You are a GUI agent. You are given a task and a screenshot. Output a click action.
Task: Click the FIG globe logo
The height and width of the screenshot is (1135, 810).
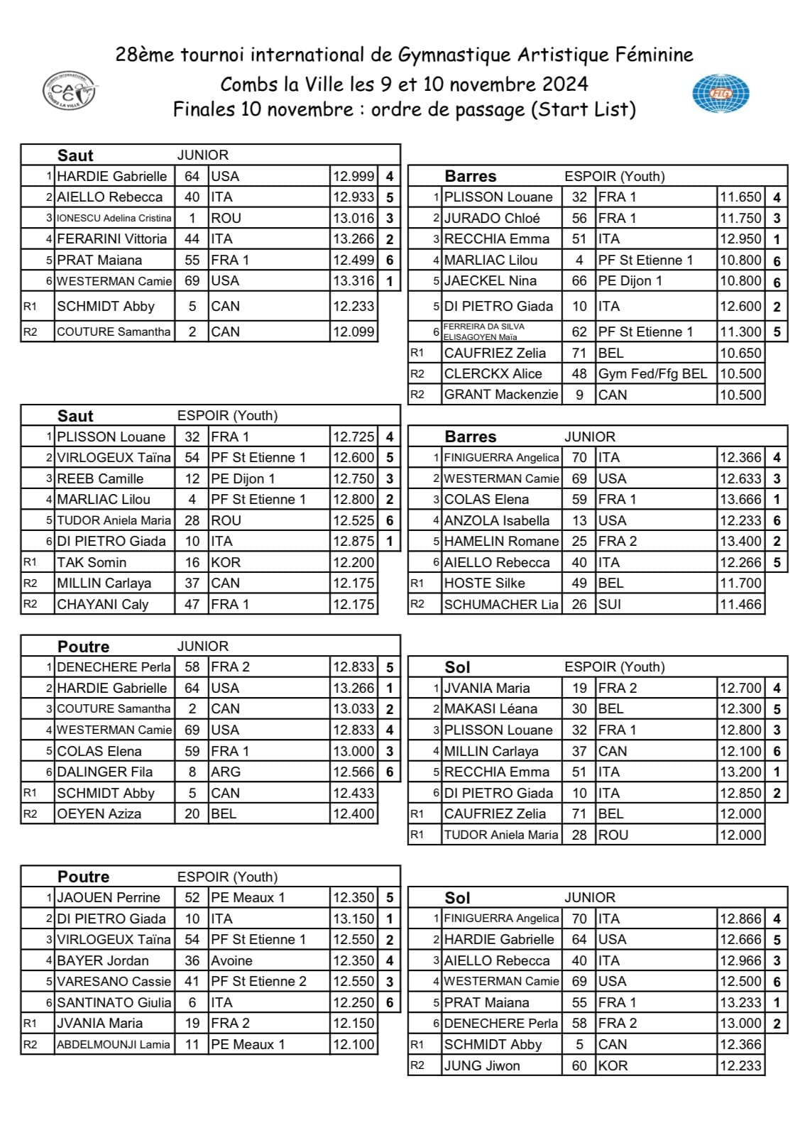721,94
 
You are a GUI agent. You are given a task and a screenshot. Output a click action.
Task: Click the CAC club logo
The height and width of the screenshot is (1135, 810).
70,90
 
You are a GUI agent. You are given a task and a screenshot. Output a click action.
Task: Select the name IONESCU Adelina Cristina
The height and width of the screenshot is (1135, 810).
114,218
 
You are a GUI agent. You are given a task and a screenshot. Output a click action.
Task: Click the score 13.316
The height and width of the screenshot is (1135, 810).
354,280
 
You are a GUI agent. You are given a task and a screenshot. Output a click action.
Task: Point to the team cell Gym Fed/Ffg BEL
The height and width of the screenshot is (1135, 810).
652,373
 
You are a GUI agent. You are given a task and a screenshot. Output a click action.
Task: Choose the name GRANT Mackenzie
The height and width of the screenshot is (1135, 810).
500,394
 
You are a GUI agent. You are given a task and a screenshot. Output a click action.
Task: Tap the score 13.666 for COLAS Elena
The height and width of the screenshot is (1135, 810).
740,499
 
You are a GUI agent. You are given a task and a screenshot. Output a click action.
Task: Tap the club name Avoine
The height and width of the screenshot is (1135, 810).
232,960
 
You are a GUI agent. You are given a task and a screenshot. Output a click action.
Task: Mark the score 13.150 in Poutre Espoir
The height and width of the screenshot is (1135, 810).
354,919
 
